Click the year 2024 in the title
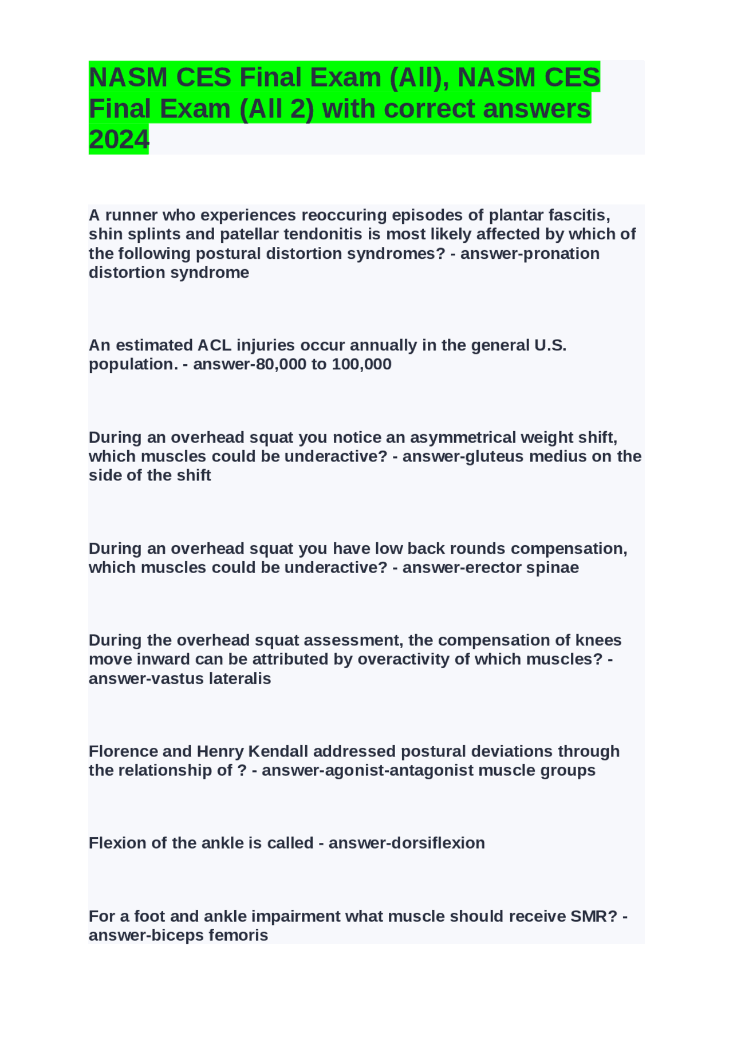119,139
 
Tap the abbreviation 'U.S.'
550,345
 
